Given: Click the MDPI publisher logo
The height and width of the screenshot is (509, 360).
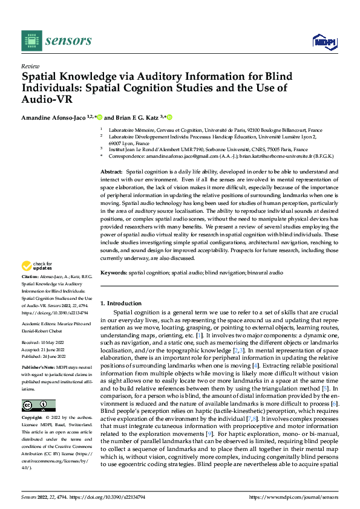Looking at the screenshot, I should (x=321, y=41).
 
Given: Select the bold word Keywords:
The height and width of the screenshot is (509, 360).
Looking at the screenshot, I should (x=114, y=273).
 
